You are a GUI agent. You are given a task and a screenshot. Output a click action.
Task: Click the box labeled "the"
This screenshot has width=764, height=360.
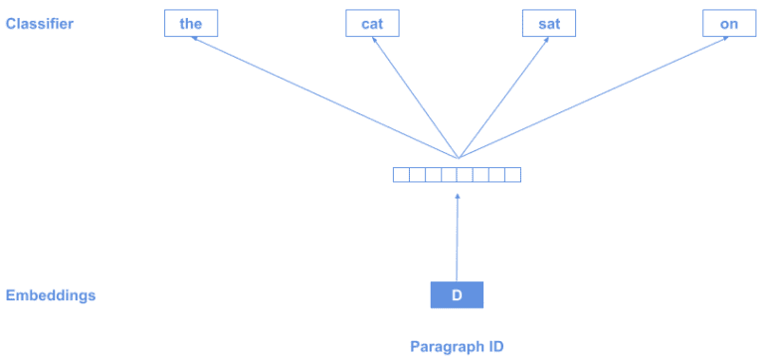click(190, 23)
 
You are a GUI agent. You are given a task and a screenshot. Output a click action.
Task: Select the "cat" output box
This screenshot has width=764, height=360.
click(372, 23)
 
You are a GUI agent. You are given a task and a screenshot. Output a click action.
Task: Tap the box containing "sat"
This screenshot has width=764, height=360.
click(549, 23)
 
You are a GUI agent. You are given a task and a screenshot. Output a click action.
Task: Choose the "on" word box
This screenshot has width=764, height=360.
click(728, 23)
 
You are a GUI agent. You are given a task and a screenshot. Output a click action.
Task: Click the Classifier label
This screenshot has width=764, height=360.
click(40, 23)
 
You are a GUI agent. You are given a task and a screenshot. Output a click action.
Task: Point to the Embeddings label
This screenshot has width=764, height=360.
click(51, 295)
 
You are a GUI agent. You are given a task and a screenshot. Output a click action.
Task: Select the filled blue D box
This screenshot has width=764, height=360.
click(457, 294)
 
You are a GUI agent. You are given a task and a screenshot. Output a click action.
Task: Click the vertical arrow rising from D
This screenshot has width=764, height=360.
click(457, 239)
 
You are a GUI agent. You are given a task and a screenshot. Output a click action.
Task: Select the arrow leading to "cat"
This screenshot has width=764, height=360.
click(413, 94)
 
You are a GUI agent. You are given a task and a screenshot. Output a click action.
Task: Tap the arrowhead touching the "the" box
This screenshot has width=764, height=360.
click(195, 39)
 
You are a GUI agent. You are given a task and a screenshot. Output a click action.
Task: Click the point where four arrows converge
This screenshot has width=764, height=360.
click(458, 157)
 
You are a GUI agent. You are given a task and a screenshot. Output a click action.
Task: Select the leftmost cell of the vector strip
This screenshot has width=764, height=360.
click(401, 175)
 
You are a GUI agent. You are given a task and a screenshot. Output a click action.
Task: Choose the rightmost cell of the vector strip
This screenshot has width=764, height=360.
click(512, 175)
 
